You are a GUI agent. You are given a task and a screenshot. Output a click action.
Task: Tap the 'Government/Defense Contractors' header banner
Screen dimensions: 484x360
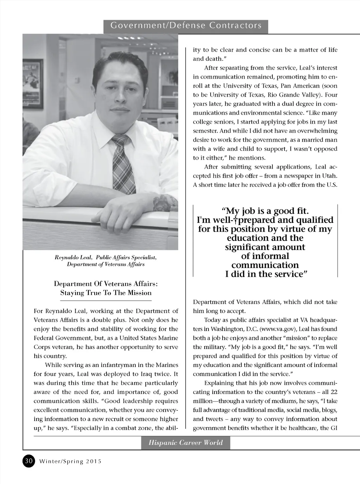pos(186,26)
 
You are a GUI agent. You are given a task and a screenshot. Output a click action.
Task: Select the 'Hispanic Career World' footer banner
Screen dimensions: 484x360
pos(186,442)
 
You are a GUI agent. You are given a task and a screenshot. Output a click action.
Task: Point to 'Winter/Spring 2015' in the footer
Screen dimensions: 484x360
pos(70,461)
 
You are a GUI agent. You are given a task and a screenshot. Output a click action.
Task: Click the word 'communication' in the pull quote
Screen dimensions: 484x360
pos(265,265)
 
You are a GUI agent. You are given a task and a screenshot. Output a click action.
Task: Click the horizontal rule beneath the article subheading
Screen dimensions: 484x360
pos(106,301)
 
